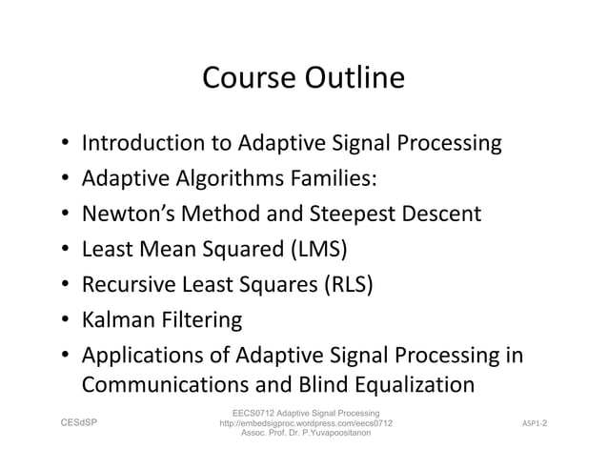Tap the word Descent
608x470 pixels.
click(x=441, y=215)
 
